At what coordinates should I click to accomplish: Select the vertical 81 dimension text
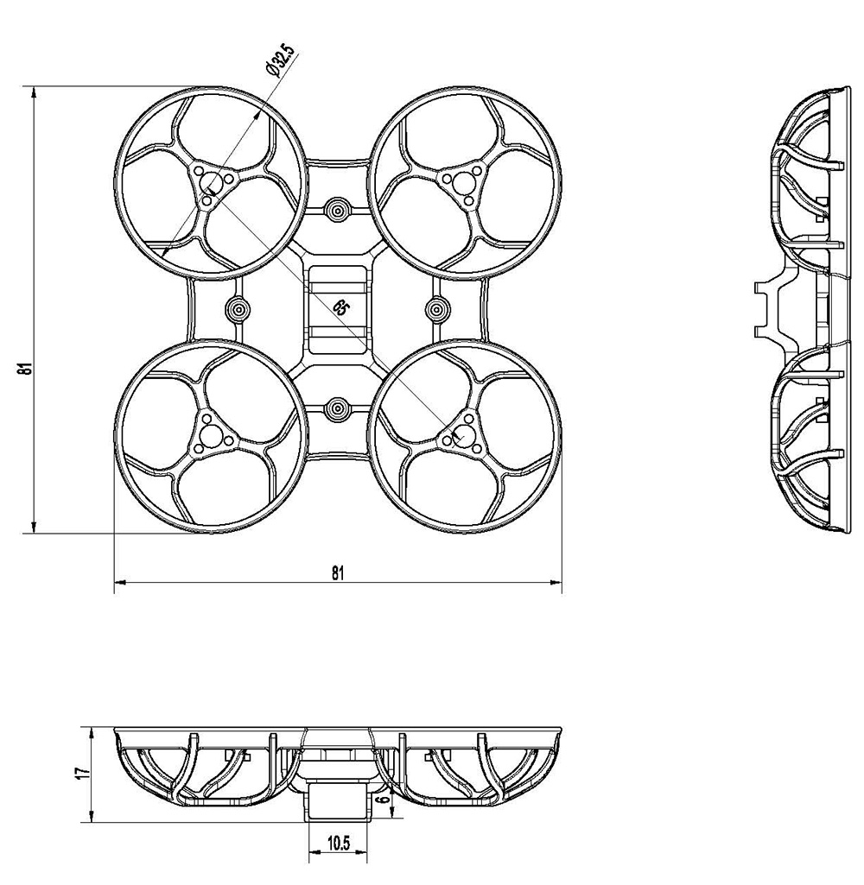pyautogui.click(x=28, y=369)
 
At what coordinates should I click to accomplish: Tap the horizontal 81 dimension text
pyautogui.click(x=338, y=572)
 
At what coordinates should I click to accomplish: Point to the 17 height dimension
pyautogui.click(x=79, y=774)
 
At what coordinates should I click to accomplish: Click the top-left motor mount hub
pyautogui.click(x=211, y=183)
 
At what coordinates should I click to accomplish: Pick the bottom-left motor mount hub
pyautogui.click(x=211, y=433)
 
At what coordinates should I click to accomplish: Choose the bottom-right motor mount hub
pyautogui.click(x=464, y=433)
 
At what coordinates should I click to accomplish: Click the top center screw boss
pyautogui.click(x=337, y=208)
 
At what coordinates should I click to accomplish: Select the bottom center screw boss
pyautogui.click(x=337, y=406)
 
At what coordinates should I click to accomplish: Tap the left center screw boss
pyautogui.click(x=238, y=308)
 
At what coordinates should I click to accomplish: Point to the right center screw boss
pyautogui.click(x=437, y=308)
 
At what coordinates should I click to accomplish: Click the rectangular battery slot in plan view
pyautogui.click(x=337, y=309)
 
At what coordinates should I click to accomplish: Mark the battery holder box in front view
pyautogui.click(x=338, y=798)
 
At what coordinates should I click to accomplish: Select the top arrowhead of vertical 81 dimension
pyautogui.click(x=34, y=92)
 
